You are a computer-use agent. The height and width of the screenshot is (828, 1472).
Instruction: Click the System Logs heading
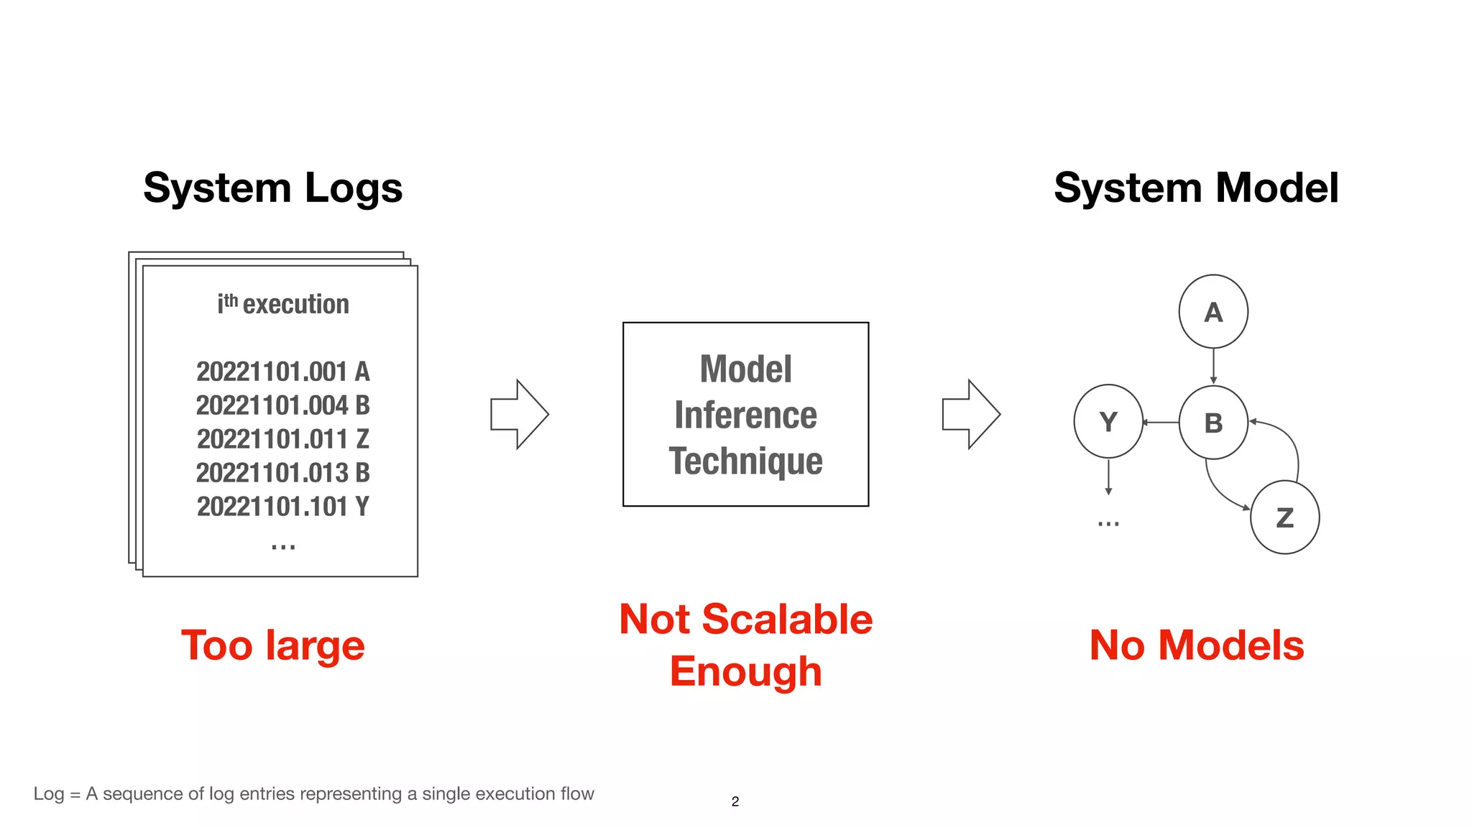click(272, 188)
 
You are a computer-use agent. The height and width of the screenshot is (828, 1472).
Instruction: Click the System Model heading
click(1196, 188)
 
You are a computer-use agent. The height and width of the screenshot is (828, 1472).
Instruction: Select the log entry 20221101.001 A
click(282, 372)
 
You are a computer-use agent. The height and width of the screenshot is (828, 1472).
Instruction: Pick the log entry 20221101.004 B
click(282, 405)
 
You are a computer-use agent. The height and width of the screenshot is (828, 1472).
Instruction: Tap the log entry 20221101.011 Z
click(282, 439)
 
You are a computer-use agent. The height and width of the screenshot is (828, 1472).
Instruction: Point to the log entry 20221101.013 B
click(282, 473)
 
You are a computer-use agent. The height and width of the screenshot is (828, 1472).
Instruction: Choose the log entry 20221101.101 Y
click(282, 507)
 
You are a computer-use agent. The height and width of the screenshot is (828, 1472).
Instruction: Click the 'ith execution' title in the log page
click(283, 304)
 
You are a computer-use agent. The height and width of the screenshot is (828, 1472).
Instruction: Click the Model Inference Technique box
click(745, 415)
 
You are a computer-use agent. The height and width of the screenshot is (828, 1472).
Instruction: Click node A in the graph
click(1213, 312)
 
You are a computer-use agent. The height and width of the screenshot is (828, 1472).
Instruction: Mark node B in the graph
click(1213, 423)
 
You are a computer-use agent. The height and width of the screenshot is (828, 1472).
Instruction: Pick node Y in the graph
click(1108, 422)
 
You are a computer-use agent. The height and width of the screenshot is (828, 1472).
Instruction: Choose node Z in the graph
click(1284, 517)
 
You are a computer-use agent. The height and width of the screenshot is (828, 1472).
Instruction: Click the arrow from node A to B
click(1213, 367)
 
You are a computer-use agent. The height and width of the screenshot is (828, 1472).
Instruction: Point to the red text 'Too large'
click(273, 645)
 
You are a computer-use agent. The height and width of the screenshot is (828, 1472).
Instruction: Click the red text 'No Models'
click(1197, 645)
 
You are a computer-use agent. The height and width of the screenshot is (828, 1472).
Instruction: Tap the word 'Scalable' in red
click(787, 619)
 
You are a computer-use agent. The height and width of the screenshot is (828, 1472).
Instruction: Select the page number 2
click(735, 801)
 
